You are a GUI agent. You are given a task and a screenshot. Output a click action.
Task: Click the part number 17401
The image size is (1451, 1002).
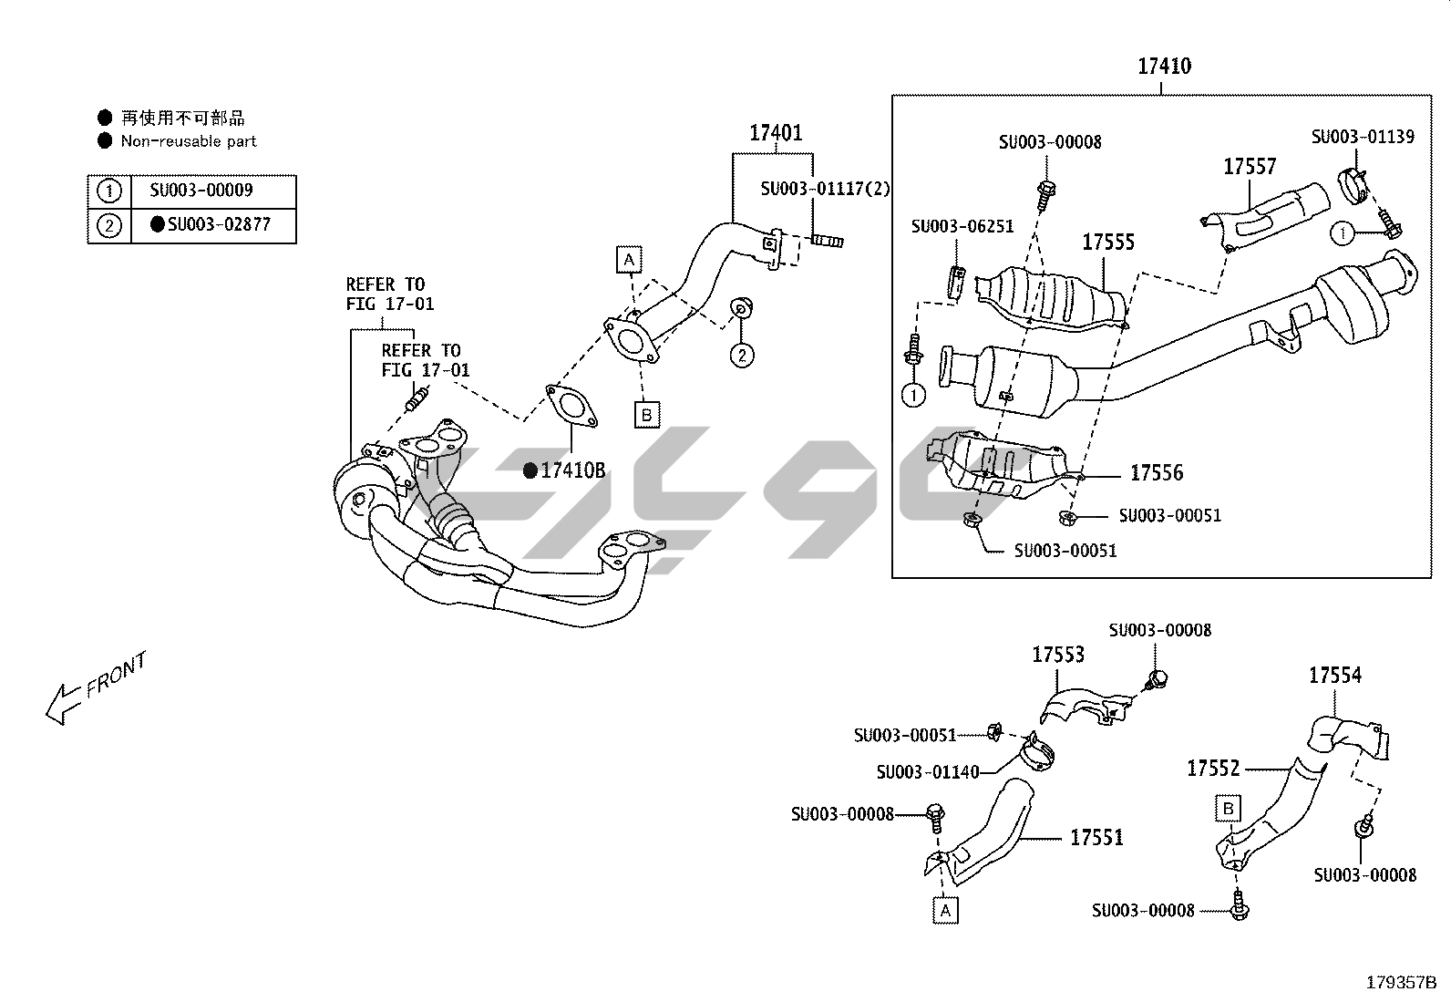point(776,133)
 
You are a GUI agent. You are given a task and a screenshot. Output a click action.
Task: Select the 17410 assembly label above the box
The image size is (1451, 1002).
point(1164,66)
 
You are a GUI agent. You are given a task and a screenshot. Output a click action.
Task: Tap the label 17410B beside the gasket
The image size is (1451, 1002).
point(571,470)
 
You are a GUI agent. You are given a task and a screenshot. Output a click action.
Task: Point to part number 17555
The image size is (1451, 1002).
point(1108,243)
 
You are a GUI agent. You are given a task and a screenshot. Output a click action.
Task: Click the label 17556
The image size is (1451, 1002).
point(1157,472)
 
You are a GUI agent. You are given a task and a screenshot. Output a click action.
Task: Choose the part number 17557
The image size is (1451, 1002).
point(1250,167)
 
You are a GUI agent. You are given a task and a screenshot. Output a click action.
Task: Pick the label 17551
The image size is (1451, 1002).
point(1096,837)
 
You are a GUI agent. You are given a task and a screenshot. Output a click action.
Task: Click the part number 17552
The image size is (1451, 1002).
point(1213,769)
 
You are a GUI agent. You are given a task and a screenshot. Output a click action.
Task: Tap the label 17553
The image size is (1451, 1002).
point(1058,655)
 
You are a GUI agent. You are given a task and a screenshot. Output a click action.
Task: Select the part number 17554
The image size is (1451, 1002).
point(1335,676)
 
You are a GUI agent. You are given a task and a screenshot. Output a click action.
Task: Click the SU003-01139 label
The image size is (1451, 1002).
point(1363,137)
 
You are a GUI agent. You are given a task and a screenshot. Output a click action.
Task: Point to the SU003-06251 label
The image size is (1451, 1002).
point(962,226)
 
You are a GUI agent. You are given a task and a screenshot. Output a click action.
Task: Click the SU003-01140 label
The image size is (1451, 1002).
point(928,772)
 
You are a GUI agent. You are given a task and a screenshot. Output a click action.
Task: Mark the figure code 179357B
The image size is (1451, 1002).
point(1400,983)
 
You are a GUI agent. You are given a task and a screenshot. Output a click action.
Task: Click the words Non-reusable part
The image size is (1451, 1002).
point(189,141)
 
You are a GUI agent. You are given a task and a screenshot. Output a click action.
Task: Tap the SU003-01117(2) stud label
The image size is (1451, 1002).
point(826,189)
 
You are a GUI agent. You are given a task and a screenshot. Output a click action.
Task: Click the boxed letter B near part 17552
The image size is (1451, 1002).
point(1229,809)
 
